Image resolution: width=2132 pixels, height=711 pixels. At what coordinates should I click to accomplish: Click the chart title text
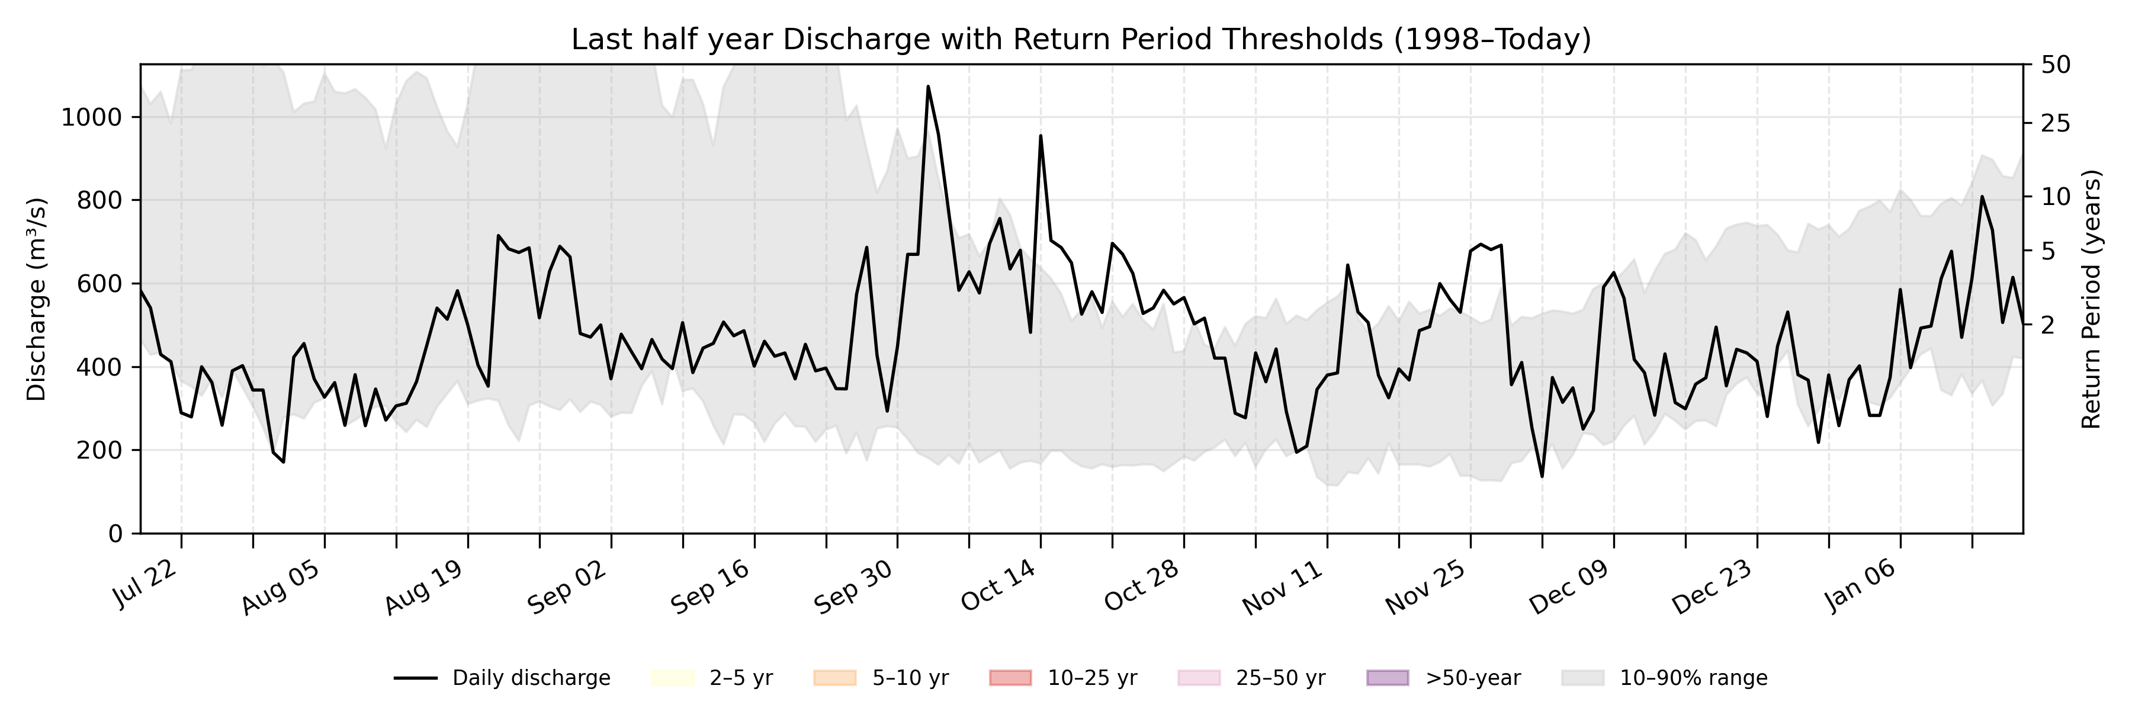coord(1081,39)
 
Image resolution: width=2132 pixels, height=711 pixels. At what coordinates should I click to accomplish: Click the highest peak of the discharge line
coord(928,86)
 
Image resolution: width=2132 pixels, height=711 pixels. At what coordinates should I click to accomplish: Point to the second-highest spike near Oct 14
coord(1041,136)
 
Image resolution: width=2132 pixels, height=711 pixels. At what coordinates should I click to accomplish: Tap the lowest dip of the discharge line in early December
coord(1542,476)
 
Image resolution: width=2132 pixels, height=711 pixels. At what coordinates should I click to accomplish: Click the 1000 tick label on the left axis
coord(91,117)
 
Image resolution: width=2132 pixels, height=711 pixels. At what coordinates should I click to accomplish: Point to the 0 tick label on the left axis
coord(115,534)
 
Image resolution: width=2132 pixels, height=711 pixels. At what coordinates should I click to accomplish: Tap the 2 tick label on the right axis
coord(2047,325)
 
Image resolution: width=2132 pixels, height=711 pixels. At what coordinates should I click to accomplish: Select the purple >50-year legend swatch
coord(1387,678)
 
